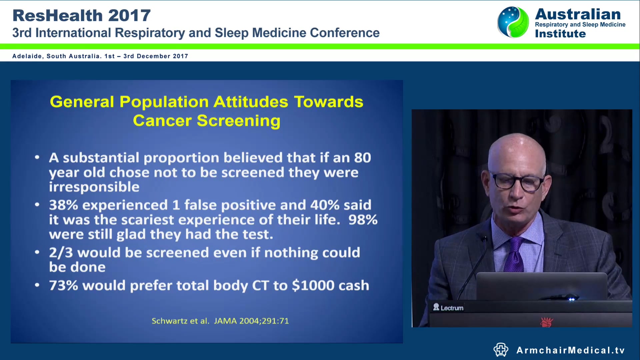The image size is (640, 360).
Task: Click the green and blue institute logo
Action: (513, 22)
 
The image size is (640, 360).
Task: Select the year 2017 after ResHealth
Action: (129, 16)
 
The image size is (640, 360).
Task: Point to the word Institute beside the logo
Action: (560, 34)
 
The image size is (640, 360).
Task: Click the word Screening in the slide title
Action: (238, 121)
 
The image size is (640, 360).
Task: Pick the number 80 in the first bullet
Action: (362, 158)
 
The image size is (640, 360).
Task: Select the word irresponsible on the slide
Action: (94, 187)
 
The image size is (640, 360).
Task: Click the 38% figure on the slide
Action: (63, 205)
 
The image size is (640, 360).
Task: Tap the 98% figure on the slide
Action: (363, 220)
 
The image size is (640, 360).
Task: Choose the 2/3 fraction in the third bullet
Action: (61, 253)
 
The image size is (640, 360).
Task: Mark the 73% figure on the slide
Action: (63, 286)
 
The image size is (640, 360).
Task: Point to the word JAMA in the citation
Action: (225, 321)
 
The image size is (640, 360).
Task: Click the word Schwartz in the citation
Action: (170, 321)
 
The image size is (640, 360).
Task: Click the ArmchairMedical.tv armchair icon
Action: (501, 350)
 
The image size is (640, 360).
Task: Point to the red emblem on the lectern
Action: (546, 322)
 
